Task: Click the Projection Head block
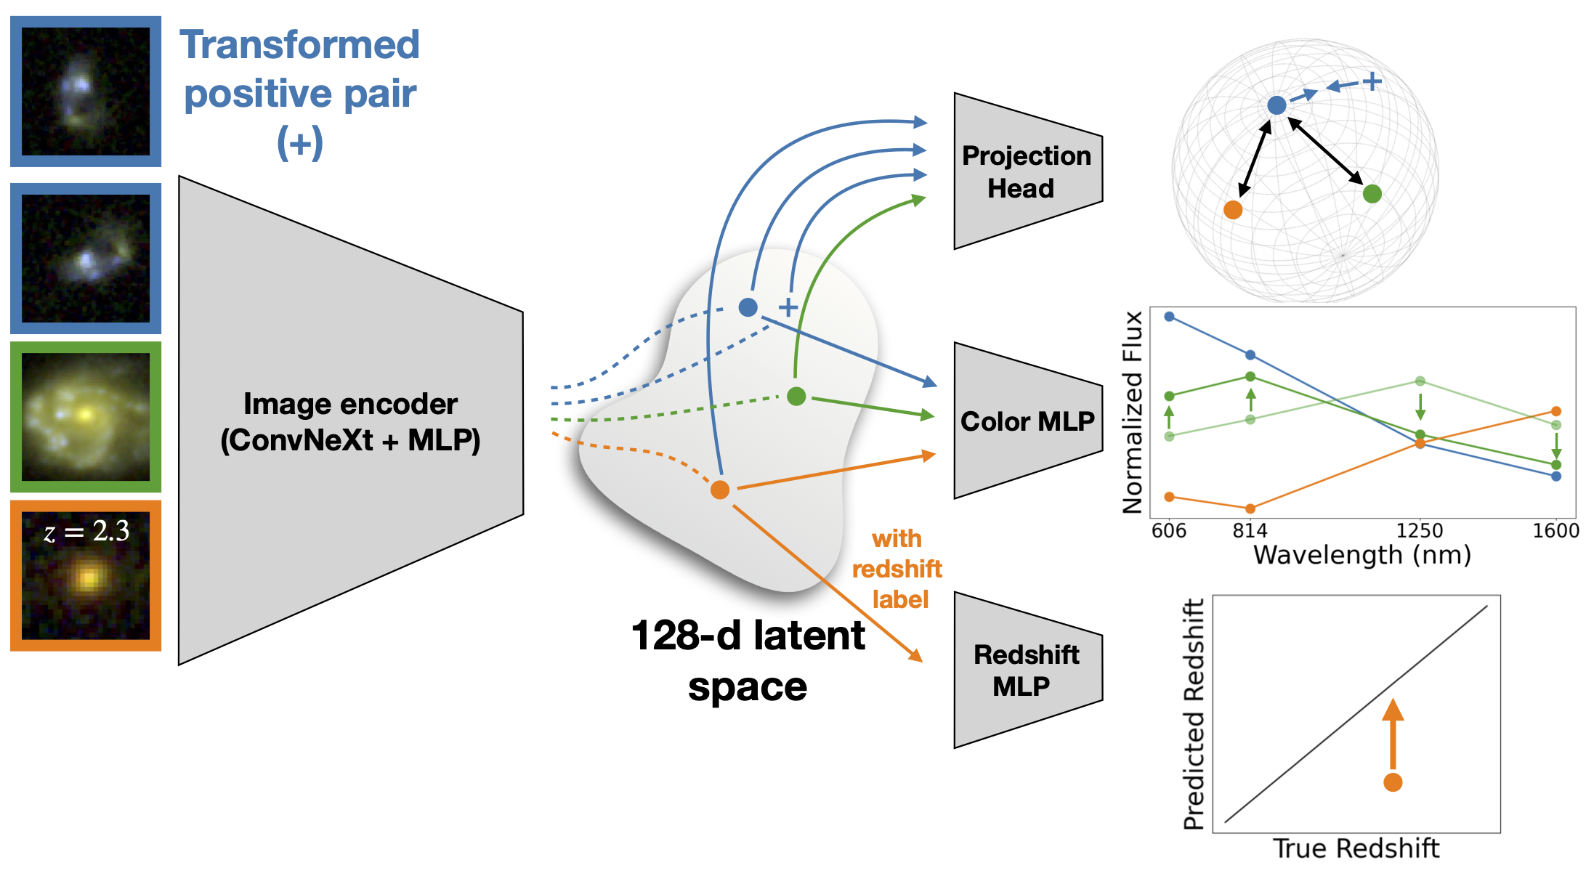coord(1028,171)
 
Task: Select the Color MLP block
coord(1028,421)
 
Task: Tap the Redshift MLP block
coord(1028,670)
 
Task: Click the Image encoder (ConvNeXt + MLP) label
coord(350,421)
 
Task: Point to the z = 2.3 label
coord(86,531)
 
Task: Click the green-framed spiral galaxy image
coord(86,417)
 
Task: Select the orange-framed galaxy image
coord(86,575)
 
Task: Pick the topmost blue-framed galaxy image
coord(86,92)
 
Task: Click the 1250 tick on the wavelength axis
coord(1420,530)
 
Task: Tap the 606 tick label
coord(1169,530)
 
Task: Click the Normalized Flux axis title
coord(1133,413)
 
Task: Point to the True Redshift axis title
coord(1356,848)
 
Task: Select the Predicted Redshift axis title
coord(1194,714)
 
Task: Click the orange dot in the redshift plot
coord(1393,782)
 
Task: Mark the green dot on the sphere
coord(1372,194)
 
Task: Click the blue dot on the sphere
coord(1277,105)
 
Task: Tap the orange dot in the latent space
coord(720,490)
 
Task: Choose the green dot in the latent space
coord(796,396)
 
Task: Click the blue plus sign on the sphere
coord(1372,81)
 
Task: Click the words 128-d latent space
coord(748,661)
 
